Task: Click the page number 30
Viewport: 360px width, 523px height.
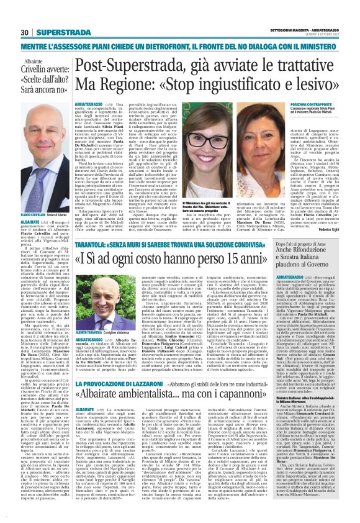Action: (x=24, y=32)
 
